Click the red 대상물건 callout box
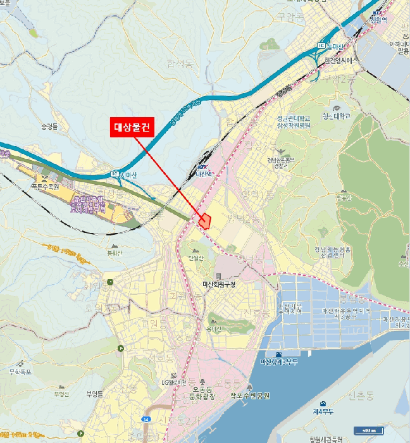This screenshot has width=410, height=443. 132,127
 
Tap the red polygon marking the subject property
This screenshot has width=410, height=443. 205,221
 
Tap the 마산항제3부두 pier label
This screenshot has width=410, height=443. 278,361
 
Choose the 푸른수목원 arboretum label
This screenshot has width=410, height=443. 44,187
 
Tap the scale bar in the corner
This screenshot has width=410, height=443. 366,430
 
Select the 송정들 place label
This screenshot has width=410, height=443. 49,127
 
